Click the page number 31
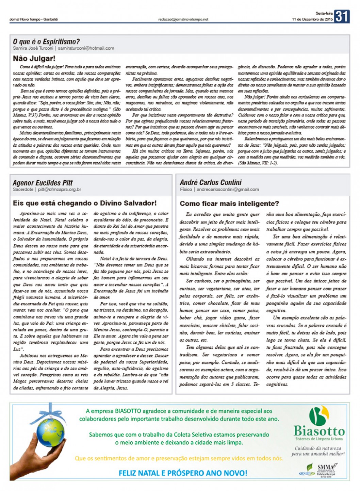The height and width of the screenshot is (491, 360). (342, 16)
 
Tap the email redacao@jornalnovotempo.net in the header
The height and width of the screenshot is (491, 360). (183, 19)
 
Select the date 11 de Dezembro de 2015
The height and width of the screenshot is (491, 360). (312, 19)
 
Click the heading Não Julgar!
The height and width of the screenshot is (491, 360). (34, 59)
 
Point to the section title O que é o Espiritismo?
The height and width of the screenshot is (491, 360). (46, 42)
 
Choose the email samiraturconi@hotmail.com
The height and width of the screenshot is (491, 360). (86, 48)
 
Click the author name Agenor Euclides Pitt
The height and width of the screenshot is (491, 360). (43, 183)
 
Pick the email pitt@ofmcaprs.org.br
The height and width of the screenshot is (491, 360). (60, 190)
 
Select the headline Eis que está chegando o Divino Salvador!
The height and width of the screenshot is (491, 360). (85, 203)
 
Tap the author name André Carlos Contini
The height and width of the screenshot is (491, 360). (211, 182)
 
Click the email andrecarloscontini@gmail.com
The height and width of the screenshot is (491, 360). (228, 190)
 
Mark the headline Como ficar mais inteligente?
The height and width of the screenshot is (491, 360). (229, 203)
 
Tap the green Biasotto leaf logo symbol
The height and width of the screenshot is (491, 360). (319, 416)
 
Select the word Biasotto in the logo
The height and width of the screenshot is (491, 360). (319, 432)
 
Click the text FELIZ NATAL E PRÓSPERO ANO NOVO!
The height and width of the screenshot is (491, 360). (183, 473)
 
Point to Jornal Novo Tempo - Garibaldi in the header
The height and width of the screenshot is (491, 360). (34, 19)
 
